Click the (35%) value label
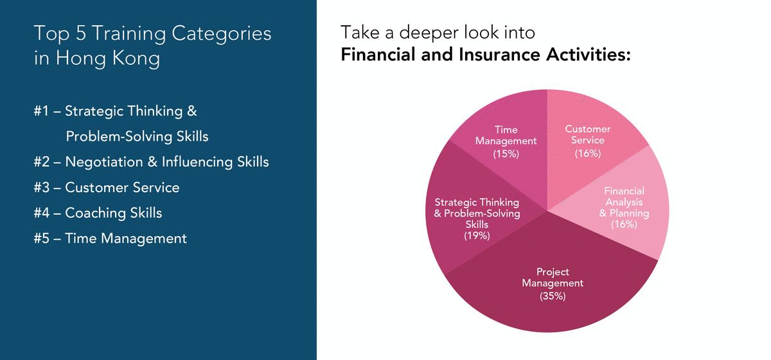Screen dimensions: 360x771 553,296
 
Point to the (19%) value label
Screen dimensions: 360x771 477,235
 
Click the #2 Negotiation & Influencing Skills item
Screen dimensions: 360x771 151,162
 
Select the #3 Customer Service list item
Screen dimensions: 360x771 106,188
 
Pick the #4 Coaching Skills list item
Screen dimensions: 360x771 98,213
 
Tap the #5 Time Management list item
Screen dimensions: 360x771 110,239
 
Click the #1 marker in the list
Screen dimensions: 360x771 42,111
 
